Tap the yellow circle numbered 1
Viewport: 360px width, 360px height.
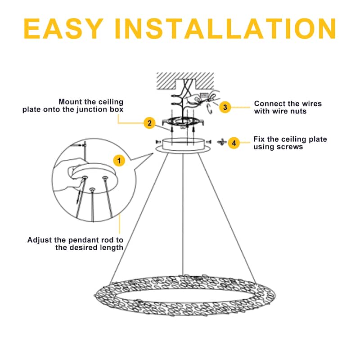click(119, 160)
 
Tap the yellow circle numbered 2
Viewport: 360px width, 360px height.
click(149, 122)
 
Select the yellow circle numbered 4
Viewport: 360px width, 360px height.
click(233, 143)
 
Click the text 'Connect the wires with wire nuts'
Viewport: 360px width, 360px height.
click(288, 107)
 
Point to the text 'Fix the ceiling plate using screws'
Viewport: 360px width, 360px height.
click(290, 143)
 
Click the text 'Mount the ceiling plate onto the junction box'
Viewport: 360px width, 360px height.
click(73, 106)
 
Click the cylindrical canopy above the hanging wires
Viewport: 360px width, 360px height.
click(182, 144)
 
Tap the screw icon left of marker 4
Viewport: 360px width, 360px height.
click(221, 142)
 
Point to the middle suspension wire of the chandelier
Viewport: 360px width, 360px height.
click(182, 216)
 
